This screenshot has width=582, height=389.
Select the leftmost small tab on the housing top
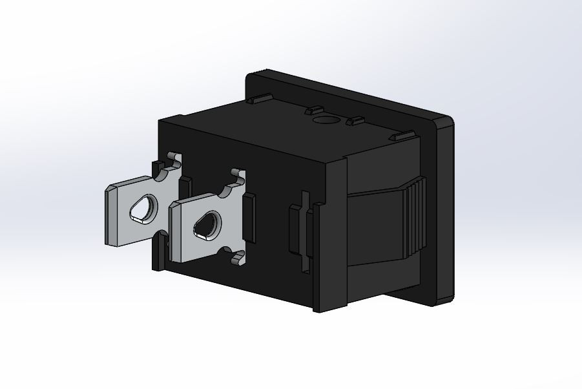coord(260,100)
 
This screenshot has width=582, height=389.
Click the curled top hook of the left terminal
coord(173,158)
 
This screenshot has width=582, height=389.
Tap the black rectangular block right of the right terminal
coord(249,218)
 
